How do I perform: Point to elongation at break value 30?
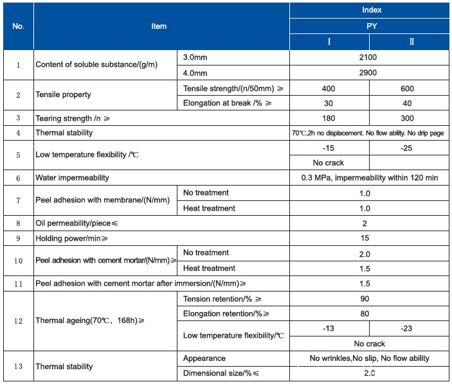[x=329, y=103]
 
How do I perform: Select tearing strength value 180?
[x=329, y=118]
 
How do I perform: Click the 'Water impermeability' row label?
[x=72, y=177]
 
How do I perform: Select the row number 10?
[x=18, y=261]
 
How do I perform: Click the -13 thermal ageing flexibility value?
[x=329, y=328]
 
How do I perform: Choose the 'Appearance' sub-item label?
[x=204, y=358]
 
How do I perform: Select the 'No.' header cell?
[x=18, y=26]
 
